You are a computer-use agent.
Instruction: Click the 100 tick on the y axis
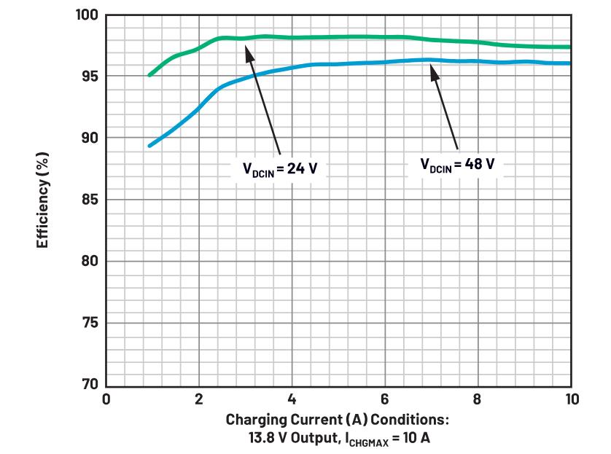click(87, 15)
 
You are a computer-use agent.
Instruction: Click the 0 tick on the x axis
click(106, 399)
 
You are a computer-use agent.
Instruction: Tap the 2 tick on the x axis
click(199, 399)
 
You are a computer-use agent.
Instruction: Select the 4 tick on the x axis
click(292, 399)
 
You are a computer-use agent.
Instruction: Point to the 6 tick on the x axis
click(385, 399)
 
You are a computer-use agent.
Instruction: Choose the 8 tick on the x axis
click(478, 399)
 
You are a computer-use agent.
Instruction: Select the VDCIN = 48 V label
click(457, 163)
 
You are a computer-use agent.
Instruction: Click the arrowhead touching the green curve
click(249, 49)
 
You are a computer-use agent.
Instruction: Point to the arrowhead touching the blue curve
click(432, 68)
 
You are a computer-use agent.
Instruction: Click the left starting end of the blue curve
click(149, 146)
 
